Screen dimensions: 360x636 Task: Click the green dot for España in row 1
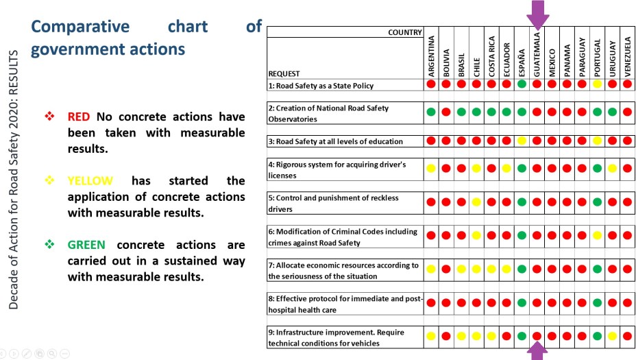click(x=522, y=84)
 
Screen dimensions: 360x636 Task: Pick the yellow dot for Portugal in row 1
click(x=597, y=84)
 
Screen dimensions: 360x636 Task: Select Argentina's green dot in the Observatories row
click(x=431, y=112)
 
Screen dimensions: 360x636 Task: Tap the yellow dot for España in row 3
click(x=522, y=141)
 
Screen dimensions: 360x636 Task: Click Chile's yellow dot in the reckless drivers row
click(x=476, y=202)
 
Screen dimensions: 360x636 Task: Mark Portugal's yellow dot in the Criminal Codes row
click(x=597, y=235)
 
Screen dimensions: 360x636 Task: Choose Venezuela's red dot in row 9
click(x=627, y=336)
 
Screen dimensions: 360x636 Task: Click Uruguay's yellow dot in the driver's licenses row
click(x=612, y=168)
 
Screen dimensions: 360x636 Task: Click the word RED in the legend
click(x=78, y=117)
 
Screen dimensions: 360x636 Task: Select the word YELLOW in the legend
click(x=90, y=181)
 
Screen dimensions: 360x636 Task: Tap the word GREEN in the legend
click(x=86, y=245)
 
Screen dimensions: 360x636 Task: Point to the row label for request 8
click(x=344, y=303)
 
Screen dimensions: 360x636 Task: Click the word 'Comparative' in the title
click(x=80, y=26)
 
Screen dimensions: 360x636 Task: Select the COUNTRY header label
click(x=404, y=32)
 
